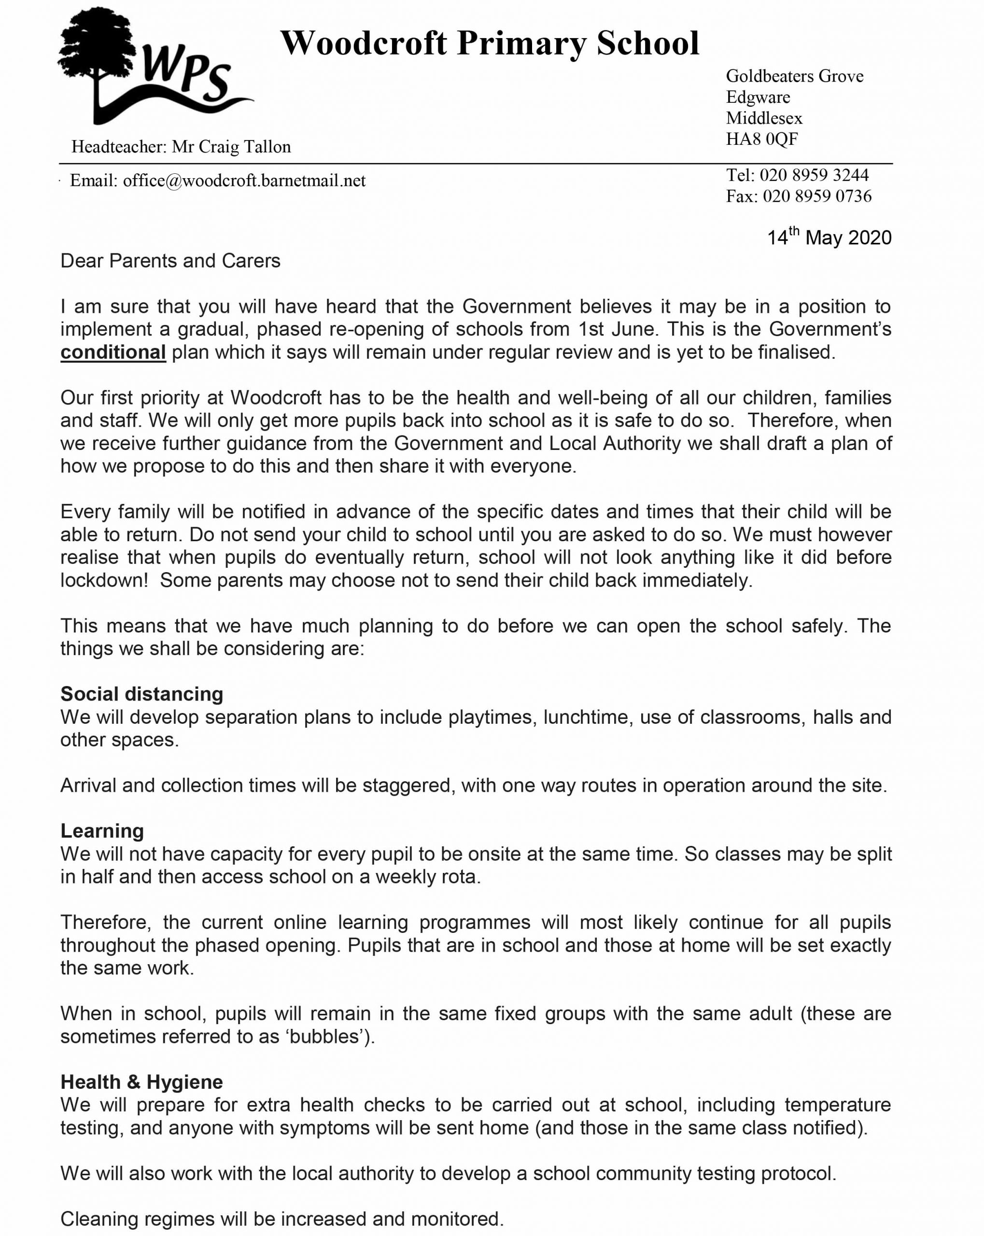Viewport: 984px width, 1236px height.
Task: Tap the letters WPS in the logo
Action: [186, 74]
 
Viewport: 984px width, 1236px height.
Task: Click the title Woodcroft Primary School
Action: [490, 43]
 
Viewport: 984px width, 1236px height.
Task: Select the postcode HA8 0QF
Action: [761, 139]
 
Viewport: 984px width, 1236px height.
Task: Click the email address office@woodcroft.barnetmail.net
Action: [244, 181]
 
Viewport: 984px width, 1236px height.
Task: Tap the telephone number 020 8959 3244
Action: [814, 175]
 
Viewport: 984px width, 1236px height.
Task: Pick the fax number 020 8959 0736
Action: [816, 196]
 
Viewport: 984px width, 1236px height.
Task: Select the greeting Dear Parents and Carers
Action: [170, 261]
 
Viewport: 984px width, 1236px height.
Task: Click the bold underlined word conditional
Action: [113, 352]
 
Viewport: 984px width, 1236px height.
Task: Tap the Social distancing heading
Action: [141, 694]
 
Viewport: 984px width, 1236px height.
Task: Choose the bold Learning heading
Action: [102, 831]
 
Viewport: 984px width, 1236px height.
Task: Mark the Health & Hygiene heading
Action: [141, 1082]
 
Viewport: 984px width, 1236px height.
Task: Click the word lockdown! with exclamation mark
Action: [104, 580]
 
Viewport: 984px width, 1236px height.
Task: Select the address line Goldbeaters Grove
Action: [794, 76]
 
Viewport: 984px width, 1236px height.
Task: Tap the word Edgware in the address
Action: [758, 97]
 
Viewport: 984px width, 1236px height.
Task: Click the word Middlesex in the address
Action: [764, 118]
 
